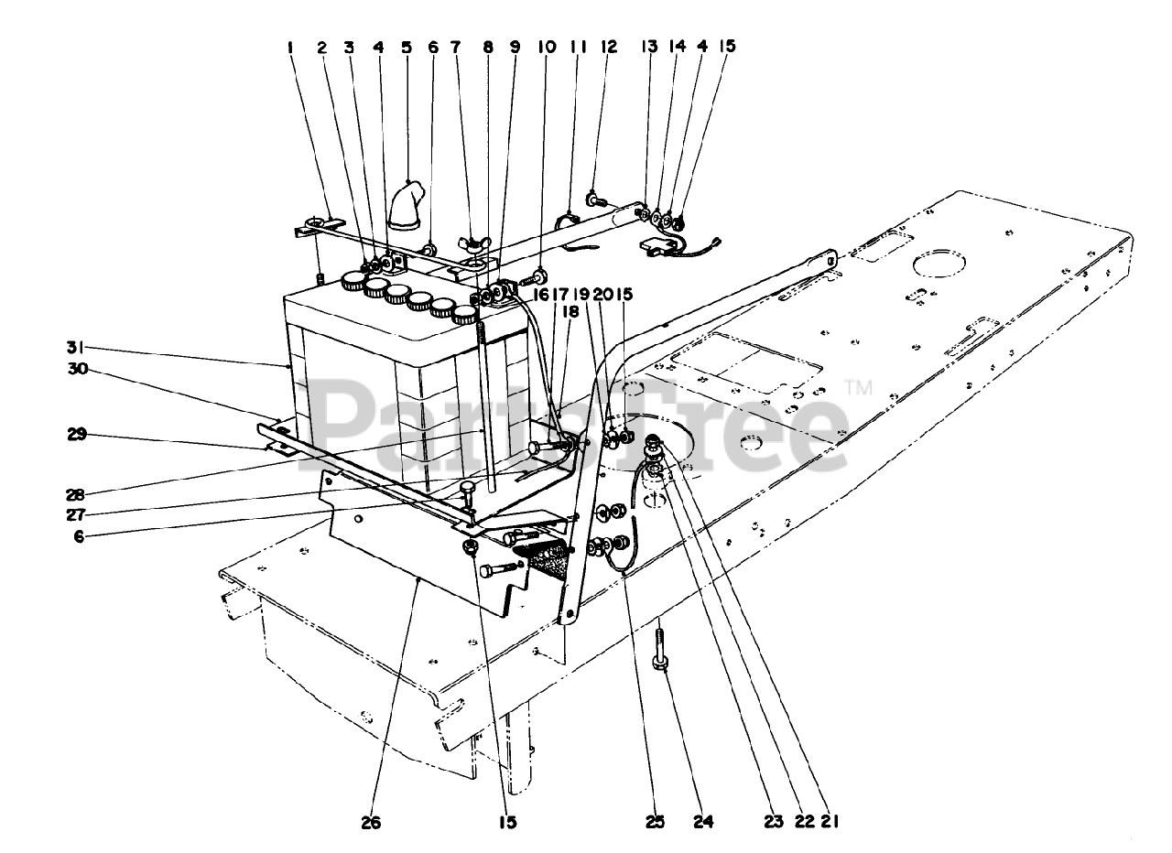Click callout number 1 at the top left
(x=290, y=47)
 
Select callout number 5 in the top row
(x=406, y=47)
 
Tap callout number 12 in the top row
(x=609, y=47)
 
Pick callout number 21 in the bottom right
(x=830, y=822)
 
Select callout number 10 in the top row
(x=547, y=47)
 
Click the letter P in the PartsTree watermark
(x=343, y=419)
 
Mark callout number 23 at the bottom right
(x=775, y=822)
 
